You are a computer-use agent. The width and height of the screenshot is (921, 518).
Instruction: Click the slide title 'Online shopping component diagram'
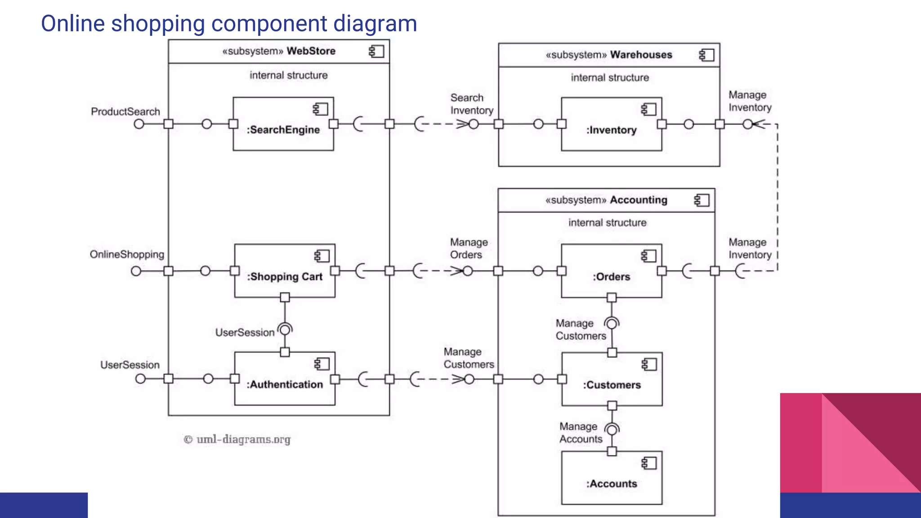point(229,23)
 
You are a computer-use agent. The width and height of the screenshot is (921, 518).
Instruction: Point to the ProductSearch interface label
point(125,112)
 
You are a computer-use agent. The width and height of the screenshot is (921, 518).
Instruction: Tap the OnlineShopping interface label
point(127,255)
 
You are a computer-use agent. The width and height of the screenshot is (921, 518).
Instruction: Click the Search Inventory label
point(471,104)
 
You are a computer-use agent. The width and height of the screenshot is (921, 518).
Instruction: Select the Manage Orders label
point(469,249)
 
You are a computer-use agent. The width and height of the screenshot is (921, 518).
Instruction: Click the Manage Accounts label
point(581,433)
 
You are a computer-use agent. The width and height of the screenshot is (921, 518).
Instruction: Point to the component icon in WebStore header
point(376,51)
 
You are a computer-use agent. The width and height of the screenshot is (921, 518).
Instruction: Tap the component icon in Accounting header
point(702,200)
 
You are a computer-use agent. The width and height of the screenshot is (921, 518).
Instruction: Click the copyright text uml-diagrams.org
point(237,439)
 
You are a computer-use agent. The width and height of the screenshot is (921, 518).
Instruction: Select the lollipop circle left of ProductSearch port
point(139,124)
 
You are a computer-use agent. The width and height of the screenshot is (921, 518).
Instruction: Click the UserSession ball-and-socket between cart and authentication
point(285,330)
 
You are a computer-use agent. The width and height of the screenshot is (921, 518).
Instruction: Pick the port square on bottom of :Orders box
point(612,298)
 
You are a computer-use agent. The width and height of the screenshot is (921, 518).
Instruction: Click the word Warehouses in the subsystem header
point(641,55)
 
